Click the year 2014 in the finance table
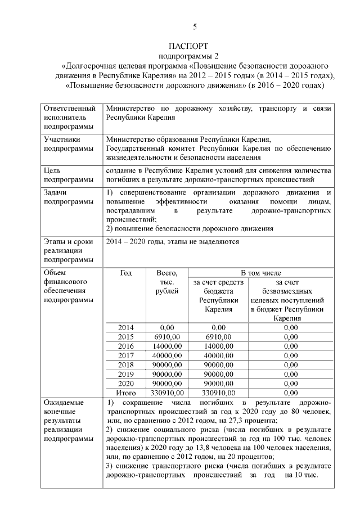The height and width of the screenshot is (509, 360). (126, 327)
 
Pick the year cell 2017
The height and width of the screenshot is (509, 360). (126, 355)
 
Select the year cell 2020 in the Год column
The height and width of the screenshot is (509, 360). (126, 383)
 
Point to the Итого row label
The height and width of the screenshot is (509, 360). (126, 393)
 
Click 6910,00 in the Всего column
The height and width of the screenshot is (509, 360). (167, 336)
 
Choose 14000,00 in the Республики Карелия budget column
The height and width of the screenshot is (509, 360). (218, 346)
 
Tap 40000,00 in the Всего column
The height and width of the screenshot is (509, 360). (167, 355)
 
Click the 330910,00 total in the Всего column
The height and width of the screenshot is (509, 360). (167, 393)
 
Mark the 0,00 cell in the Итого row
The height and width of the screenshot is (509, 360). (290, 393)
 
